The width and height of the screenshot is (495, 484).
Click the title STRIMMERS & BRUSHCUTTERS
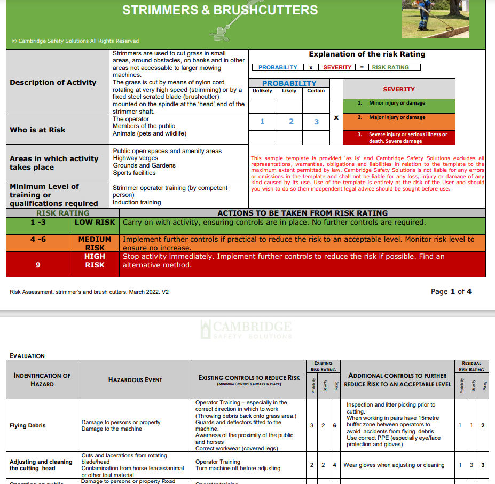tap(220, 10)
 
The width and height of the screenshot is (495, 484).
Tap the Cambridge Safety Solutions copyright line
tap(75, 41)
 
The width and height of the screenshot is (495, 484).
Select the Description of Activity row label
tap(53, 82)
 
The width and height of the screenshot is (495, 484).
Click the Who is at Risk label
tap(37, 130)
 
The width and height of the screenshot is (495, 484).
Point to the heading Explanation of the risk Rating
tap(367, 54)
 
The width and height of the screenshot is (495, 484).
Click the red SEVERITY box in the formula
tap(337, 67)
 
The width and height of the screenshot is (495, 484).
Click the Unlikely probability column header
tap(262, 91)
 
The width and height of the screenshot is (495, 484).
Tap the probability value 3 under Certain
tap(316, 122)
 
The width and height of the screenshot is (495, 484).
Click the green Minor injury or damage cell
tap(398, 103)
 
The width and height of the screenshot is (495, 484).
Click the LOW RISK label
tap(95, 222)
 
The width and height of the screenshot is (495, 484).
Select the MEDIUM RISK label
tap(95, 243)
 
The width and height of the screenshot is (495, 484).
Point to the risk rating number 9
tap(38, 265)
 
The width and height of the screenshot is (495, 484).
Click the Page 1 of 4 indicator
tap(451, 291)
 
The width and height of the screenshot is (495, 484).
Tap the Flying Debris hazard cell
tap(28, 426)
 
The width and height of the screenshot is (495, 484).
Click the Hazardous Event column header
tap(135, 379)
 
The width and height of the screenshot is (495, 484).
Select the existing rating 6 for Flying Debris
tap(334, 426)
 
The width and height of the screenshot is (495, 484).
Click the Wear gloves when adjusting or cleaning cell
tap(394, 465)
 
